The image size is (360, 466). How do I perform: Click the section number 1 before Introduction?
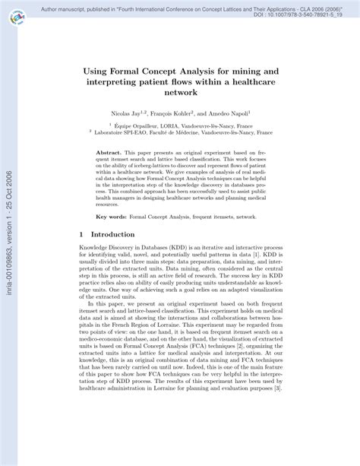[x=81, y=236]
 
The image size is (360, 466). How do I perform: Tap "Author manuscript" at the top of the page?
[x=62, y=6]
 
